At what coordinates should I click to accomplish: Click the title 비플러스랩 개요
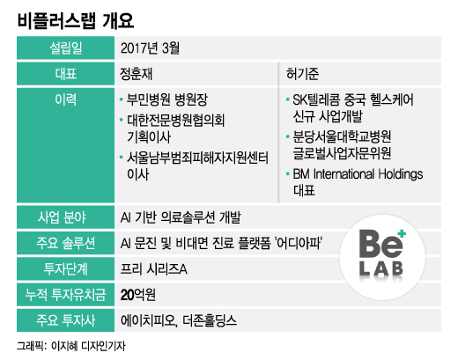coord(76,20)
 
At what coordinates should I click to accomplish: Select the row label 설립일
coord(66,48)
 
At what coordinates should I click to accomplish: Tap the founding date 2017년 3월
coord(150,48)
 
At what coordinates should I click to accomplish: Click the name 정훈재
coord(137,74)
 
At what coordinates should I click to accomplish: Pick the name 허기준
coord(303,74)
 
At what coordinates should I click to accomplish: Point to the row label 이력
coord(66,99)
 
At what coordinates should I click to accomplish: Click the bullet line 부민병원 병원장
coord(167,99)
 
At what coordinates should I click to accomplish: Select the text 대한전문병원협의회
coord(175,121)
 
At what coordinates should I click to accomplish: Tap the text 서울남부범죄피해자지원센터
coord(197,158)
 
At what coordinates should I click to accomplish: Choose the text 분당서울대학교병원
coord(342,136)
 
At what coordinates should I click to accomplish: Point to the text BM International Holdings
coord(358,174)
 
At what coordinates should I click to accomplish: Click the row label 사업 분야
coord(62,217)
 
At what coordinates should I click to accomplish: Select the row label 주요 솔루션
coord(66,243)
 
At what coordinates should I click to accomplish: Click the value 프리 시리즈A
coord(154,269)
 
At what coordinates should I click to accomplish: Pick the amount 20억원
coord(138,295)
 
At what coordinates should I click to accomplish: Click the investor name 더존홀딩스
coord(210,320)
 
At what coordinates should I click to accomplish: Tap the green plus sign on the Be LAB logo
coord(402,234)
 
